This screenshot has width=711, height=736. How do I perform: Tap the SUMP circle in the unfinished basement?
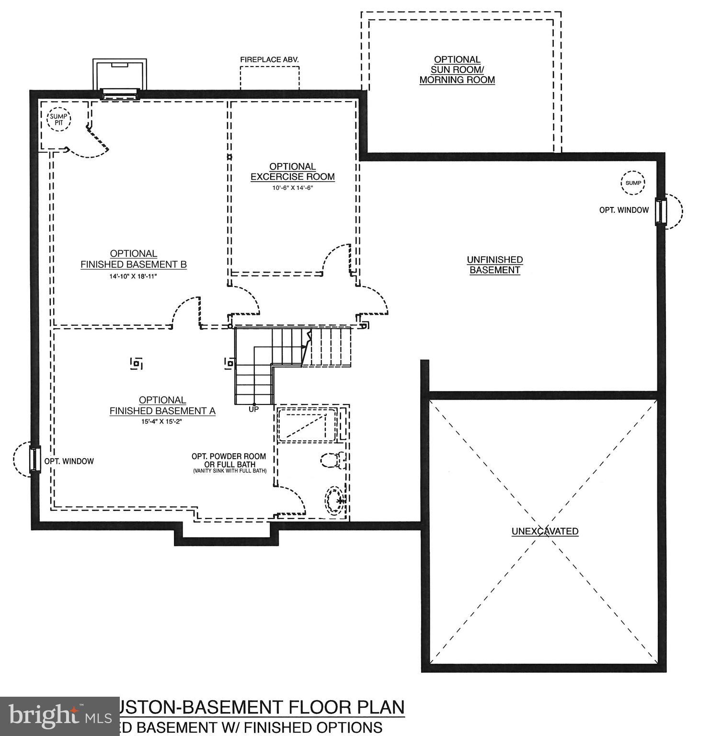pos(633,183)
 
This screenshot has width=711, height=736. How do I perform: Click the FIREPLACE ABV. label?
pos(269,60)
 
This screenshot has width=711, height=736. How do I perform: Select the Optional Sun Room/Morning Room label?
pos(457,69)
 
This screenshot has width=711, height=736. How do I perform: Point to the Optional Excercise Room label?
pos(292,172)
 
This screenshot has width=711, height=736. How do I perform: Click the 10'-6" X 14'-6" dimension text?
pos(292,188)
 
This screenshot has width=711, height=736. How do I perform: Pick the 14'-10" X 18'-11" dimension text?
pos(133,276)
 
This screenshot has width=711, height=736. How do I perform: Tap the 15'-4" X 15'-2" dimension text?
pos(162,422)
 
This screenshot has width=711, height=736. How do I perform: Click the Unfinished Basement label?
pos(494,264)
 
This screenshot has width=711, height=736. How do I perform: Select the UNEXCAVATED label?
pos(545,531)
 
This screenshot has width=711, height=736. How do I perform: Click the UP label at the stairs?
pos(253,409)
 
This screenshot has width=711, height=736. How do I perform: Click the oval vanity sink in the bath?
pos(334,500)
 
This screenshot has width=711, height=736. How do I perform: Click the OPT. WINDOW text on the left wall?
pos(69,461)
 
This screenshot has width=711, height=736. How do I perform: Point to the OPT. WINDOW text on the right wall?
pos(624,210)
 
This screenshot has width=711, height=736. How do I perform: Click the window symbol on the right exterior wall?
pos(661,211)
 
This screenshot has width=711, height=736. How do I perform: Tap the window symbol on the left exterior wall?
pos(34,459)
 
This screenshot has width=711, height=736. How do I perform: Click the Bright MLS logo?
pos(59,716)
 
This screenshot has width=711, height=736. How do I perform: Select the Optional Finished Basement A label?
pos(162,405)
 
